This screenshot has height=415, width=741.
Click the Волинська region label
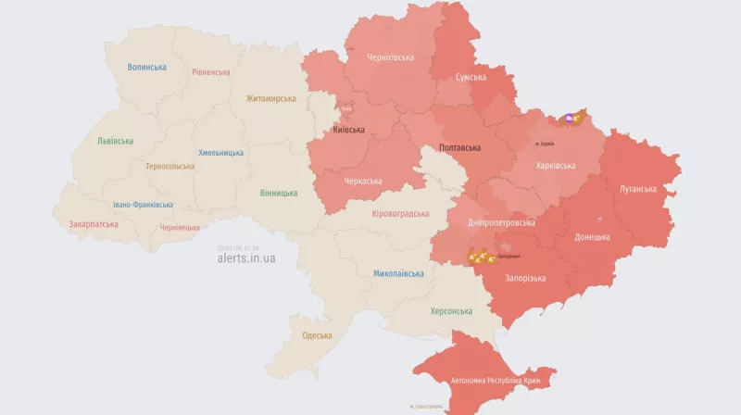[x=147, y=68]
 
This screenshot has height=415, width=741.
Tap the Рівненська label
[x=211, y=71]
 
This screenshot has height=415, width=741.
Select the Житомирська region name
[x=270, y=98]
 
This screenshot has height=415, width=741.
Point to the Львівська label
[x=115, y=141]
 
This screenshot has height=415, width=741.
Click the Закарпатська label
[x=94, y=224]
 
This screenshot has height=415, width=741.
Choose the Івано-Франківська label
[x=143, y=205]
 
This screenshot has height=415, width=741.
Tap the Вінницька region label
[x=279, y=193]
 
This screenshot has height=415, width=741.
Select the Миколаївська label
[x=398, y=273]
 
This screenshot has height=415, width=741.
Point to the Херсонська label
[x=451, y=311]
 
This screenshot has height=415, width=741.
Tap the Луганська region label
[x=637, y=189]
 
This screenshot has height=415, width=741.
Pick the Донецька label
[x=592, y=237]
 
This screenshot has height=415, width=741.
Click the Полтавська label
[x=459, y=147]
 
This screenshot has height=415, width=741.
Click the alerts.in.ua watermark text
[x=245, y=258]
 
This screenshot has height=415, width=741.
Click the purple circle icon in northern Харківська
[x=569, y=119]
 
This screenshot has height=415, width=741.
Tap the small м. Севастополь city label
[x=425, y=407]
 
